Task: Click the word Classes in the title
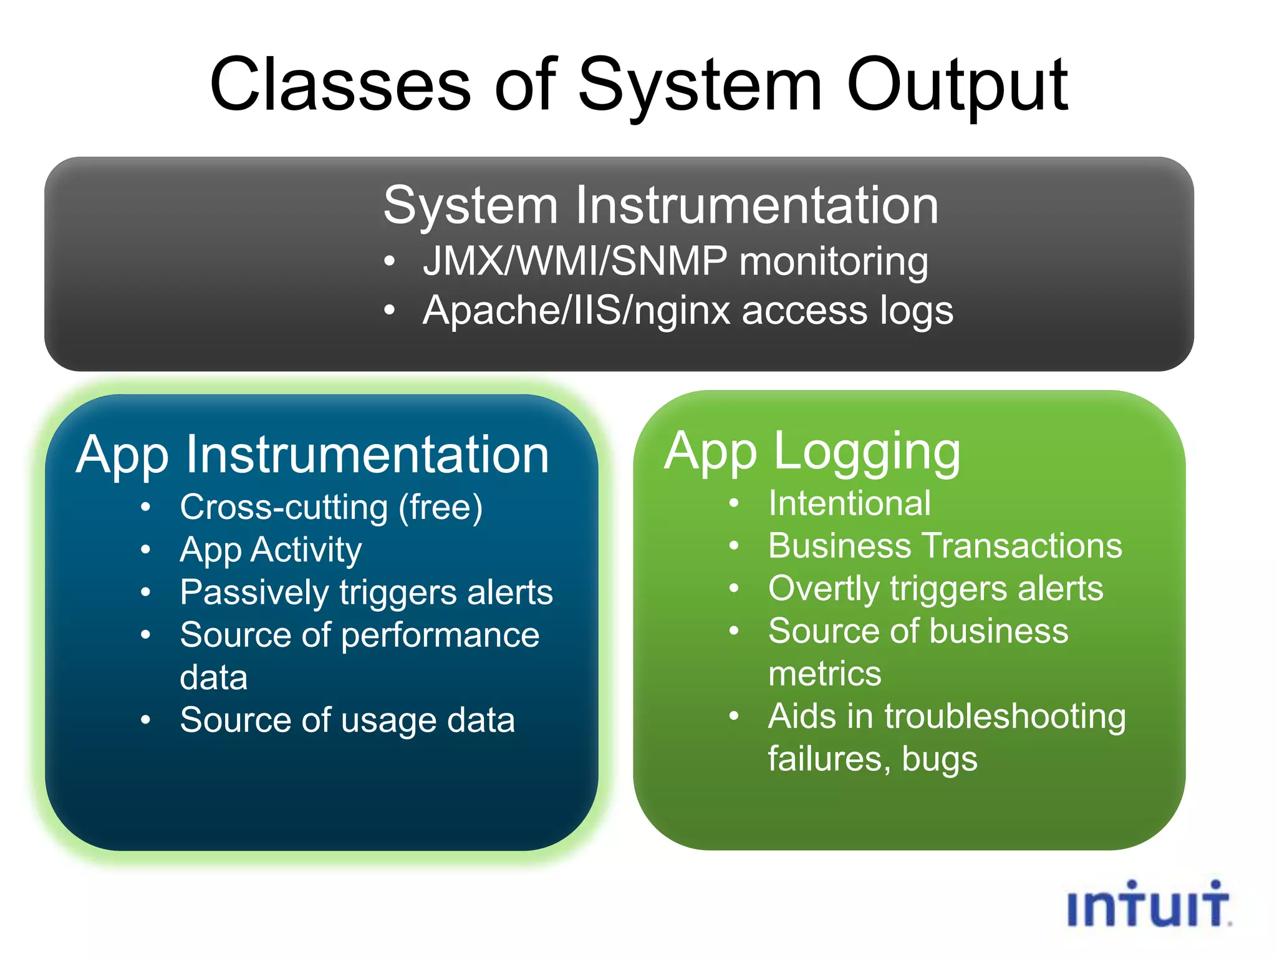click(x=340, y=85)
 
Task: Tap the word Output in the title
click(x=957, y=85)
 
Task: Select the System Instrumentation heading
click(x=660, y=206)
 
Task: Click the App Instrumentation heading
click(x=312, y=455)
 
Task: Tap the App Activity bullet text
click(x=271, y=550)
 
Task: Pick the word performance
click(x=440, y=636)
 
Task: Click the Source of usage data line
click(x=347, y=720)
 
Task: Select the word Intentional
click(x=849, y=503)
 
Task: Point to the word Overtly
click(x=823, y=589)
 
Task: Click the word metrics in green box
click(x=824, y=674)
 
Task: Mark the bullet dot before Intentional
click(x=734, y=503)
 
